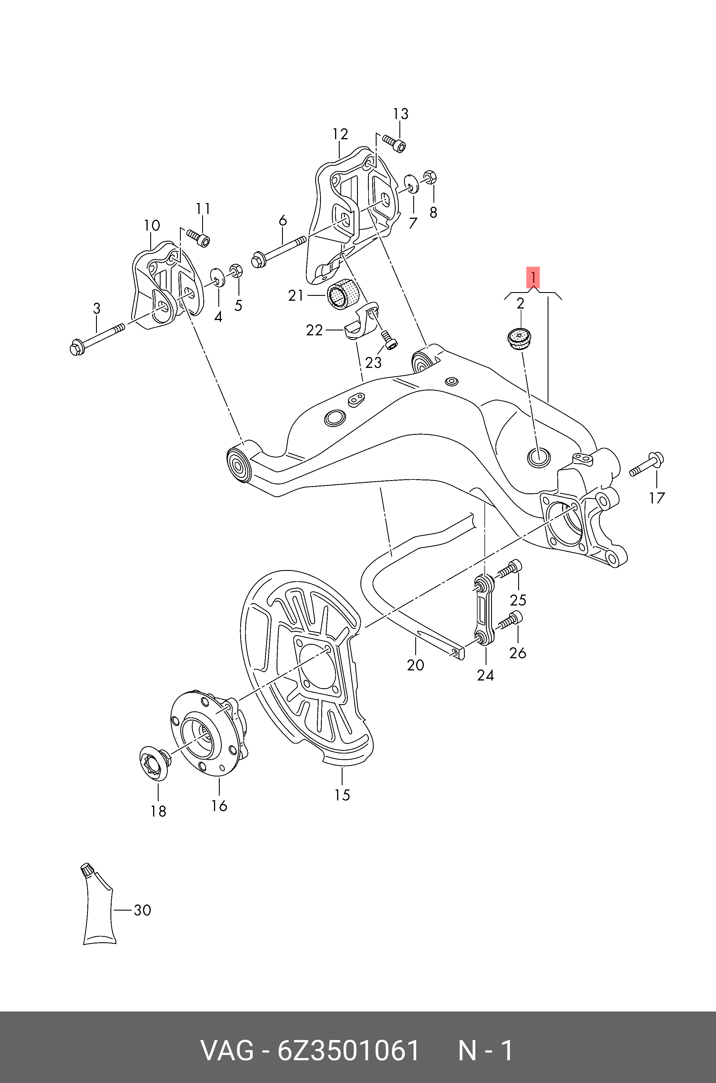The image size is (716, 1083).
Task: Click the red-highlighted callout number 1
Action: [x=533, y=277]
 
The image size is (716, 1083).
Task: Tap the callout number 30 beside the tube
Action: [x=142, y=910]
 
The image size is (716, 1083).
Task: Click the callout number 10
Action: [x=152, y=225]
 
